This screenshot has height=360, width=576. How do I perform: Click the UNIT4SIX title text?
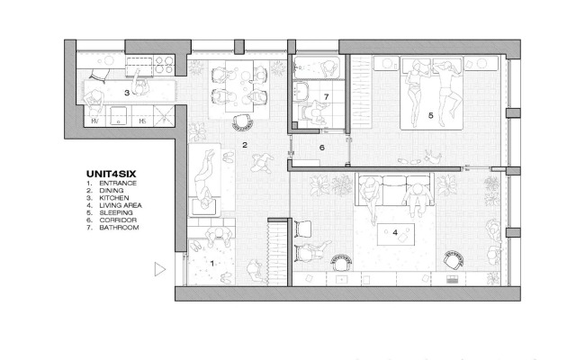[111, 174]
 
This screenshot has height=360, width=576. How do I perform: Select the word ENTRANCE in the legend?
[118, 184]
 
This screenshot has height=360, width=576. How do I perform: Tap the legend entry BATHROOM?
[119, 228]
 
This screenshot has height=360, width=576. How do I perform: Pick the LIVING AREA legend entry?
[121, 205]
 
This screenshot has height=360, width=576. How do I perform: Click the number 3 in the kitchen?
[127, 93]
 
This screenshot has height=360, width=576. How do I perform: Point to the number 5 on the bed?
[430, 115]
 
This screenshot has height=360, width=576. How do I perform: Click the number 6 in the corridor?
[322, 148]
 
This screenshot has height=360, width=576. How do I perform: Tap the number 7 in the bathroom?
[326, 97]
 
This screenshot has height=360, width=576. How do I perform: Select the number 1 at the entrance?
[212, 264]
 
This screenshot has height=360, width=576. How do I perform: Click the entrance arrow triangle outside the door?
[159, 269]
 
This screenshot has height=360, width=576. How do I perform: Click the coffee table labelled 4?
[396, 234]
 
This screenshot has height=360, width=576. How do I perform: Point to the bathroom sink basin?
[302, 91]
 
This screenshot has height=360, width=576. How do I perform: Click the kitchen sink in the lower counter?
[118, 115]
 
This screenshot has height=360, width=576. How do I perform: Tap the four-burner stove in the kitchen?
[164, 64]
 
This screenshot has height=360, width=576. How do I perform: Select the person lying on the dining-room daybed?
[204, 180]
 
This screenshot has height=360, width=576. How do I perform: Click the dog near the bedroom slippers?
[433, 157]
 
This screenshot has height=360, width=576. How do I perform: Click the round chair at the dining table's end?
[242, 122]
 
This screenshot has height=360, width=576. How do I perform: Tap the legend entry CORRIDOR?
[118, 220]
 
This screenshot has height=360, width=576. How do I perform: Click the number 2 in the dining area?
[245, 145]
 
